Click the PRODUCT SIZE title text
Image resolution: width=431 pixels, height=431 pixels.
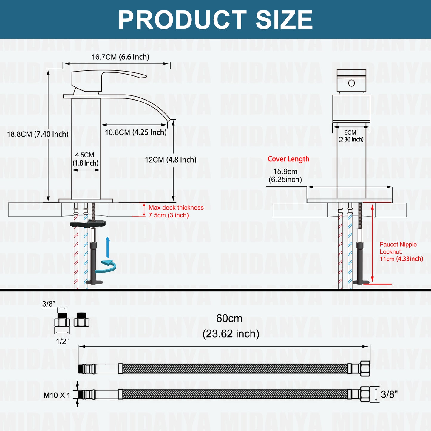coord(215,20)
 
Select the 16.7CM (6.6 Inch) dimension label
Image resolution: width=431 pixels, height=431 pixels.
coord(120,57)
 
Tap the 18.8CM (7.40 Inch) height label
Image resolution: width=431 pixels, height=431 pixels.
coord(38,134)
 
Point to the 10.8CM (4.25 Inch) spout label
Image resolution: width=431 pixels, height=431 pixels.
coord(136,132)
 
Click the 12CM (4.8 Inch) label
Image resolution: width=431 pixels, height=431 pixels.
coord(171,160)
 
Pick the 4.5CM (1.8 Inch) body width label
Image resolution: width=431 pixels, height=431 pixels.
coord(85,159)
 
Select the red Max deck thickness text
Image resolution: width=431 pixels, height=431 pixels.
coord(176,211)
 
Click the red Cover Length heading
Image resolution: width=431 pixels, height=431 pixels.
coord(288,159)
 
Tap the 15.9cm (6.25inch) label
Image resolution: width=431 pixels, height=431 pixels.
coord(285,175)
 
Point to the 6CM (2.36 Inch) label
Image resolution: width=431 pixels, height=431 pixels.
coord(351,136)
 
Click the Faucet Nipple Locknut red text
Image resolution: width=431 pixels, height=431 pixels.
coord(401,252)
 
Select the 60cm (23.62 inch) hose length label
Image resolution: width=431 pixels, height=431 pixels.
coord(230,326)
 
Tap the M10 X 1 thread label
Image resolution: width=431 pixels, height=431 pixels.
coord(57,396)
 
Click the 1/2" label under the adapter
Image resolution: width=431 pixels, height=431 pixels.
coord(62,341)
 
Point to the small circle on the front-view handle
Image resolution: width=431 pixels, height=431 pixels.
coord(351,83)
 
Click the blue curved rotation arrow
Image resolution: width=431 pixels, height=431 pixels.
coord(106,266)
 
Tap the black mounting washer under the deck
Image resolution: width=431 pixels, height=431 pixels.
coord(88,223)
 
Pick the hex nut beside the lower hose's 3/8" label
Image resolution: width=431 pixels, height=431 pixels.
coord(365,394)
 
